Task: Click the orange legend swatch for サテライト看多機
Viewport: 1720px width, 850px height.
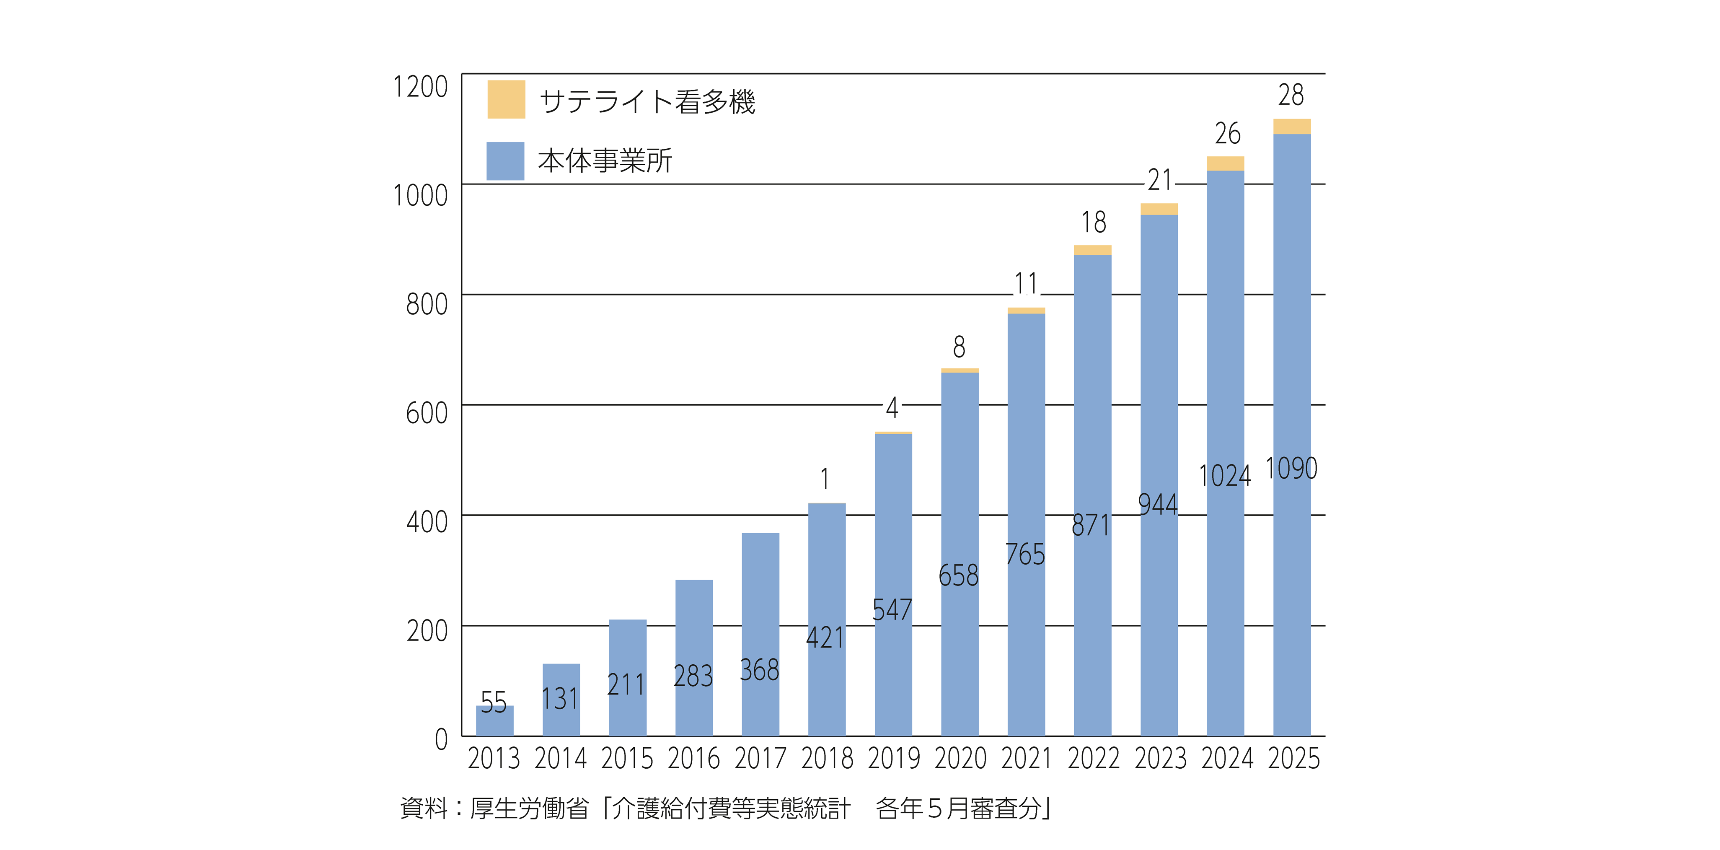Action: tap(506, 99)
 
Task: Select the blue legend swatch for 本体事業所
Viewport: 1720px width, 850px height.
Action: tap(505, 161)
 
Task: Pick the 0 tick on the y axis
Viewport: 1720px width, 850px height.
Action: tap(441, 739)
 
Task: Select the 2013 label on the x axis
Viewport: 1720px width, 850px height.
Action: tap(494, 759)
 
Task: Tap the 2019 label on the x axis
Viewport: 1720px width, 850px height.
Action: tap(893, 759)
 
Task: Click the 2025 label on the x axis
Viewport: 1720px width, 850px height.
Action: tap(1293, 759)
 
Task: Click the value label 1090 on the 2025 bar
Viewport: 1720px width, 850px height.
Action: tap(1291, 468)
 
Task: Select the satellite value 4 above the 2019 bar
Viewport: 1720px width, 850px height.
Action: tap(892, 407)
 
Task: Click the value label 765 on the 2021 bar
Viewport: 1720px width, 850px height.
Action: tap(1025, 554)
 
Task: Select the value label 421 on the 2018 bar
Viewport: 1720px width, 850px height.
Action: tap(825, 637)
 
